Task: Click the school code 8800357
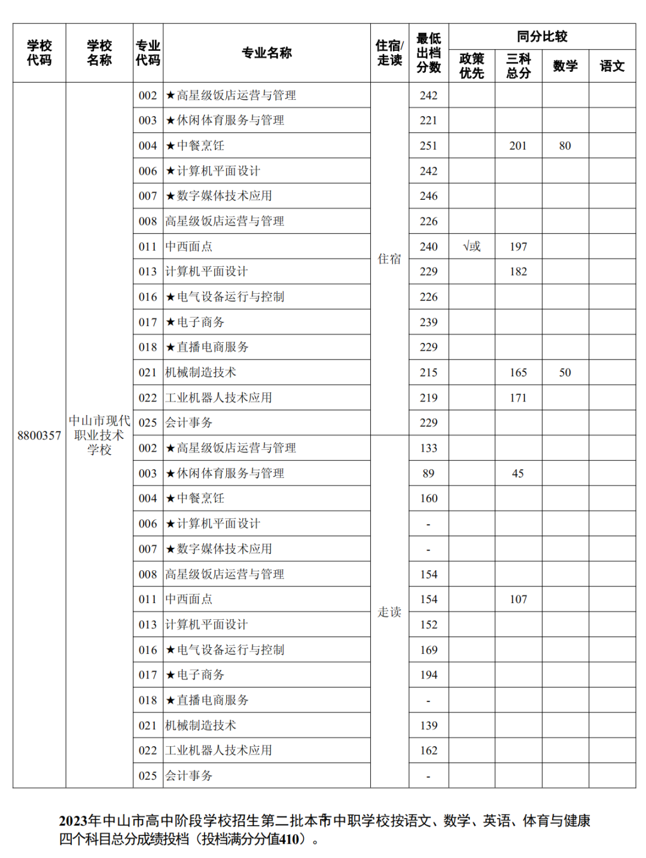click(39, 435)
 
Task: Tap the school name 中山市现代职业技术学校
click(99, 435)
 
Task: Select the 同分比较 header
click(542, 36)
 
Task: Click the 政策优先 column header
click(471, 66)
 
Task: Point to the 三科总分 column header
click(518, 66)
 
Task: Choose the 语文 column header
click(612, 66)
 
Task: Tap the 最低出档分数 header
click(428, 53)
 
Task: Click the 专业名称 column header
click(266, 53)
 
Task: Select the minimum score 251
click(428, 145)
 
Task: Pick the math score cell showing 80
click(565, 145)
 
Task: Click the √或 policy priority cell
click(471, 247)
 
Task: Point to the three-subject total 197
click(518, 247)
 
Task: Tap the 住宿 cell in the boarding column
click(389, 258)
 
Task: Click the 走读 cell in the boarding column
click(389, 611)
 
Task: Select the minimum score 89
click(428, 473)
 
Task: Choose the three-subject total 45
click(518, 473)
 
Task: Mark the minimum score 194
click(428, 675)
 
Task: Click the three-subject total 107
click(518, 599)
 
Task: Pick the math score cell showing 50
click(565, 372)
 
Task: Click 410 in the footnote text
click(290, 839)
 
